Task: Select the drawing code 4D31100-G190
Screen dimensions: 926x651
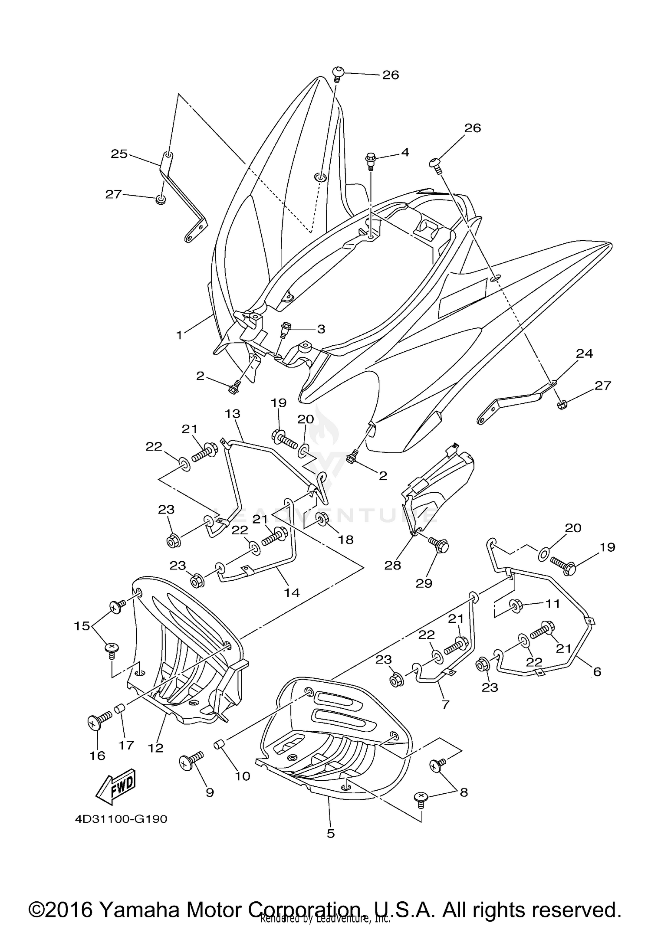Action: click(x=121, y=819)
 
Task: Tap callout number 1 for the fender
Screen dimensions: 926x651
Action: click(x=179, y=335)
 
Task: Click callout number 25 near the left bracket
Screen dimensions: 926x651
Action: click(x=119, y=154)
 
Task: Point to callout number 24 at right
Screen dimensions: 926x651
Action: click(x=584, y=353)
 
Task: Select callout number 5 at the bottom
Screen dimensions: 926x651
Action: click(x=331, y=833)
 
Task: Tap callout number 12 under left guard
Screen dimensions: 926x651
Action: click(x=156, y=748)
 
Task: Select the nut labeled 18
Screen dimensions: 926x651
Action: click(x=322, y=517)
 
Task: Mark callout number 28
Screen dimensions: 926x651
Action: click(x=392, y=566)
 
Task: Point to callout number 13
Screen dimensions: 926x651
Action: click(x=233, y=413)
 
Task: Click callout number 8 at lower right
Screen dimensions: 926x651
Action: click(x=464, y=792)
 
